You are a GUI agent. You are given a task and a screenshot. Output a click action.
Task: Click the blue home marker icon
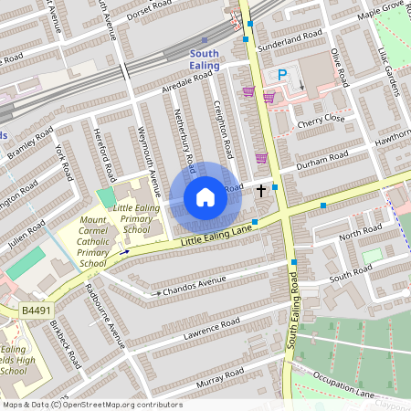[x=205, y=197]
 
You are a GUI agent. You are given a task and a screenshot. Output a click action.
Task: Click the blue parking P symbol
[x=282, y=76]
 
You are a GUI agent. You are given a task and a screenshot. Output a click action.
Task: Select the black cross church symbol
[x=262, y=190]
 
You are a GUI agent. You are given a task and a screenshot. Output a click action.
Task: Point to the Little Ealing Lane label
[x=216, y=236]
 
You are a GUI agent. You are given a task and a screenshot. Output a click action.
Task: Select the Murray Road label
[x=224, y=374]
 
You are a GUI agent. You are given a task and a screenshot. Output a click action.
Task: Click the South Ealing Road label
[x=293, y=315]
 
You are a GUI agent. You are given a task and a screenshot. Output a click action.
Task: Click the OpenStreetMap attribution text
[x=91, y=405]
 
